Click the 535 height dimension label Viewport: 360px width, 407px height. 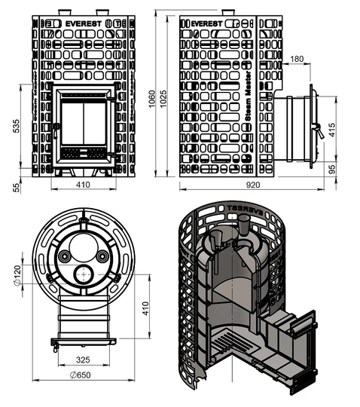point(17,126)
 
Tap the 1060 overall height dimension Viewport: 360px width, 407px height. point(152,99)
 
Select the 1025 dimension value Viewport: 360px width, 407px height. point(163,99)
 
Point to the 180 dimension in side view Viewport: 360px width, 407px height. point(297,59)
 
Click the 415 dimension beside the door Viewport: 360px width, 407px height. point(331,130)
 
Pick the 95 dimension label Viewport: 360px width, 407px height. point(331,170)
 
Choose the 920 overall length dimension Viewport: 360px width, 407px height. point(253,185)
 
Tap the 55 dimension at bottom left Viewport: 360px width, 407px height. point(17,188)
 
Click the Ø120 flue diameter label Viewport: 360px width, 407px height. point(17,275)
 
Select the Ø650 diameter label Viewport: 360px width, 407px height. point(81,375)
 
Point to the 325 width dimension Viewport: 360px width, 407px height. point(83,360)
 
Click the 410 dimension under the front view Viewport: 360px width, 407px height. point(83,185)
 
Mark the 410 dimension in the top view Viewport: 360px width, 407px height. point(146,308)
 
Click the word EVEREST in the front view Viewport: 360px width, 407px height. point(84,24)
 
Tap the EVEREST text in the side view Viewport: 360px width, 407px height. point(206,24)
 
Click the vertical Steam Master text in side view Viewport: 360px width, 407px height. point(249,96)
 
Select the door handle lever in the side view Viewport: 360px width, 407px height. point(319,132)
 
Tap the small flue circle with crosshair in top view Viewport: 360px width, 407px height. point(84,274)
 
